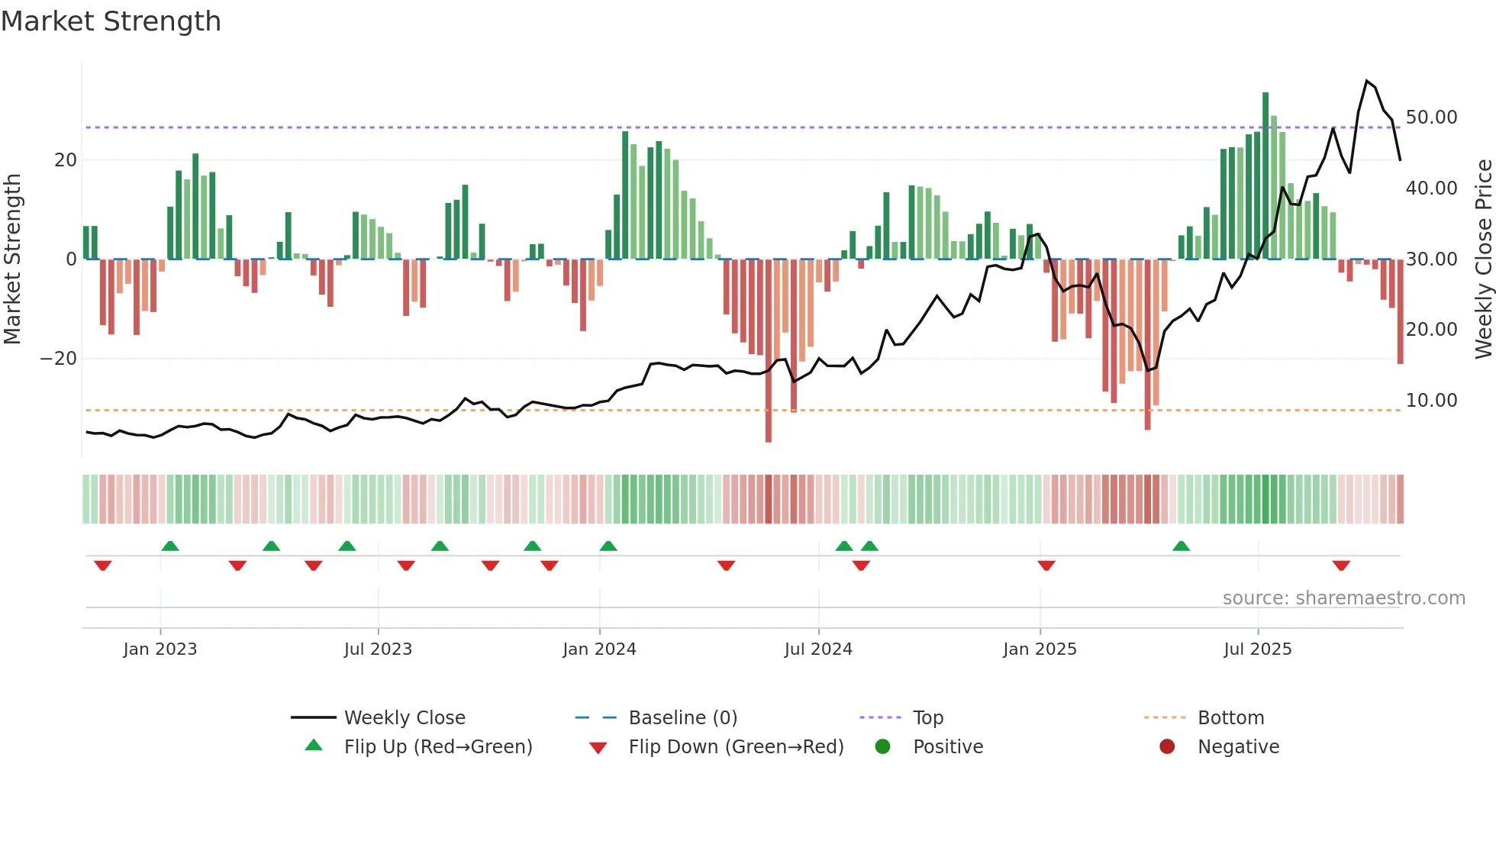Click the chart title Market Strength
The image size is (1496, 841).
coord(111,21)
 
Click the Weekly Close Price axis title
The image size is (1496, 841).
coord(1483,259)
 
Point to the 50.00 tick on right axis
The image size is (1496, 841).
coord(1431,118)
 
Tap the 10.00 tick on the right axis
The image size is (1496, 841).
coord(1431,401)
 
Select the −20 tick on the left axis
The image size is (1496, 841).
coord(59,359)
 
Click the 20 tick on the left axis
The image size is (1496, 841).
coord(66,160)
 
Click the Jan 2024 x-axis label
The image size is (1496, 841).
coord(599,649)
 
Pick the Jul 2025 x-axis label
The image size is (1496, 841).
coord(1257,649)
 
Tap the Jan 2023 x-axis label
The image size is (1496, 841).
coord(160,649)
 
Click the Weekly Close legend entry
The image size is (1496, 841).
coord(404,718)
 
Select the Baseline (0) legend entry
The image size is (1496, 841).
coord(682,718)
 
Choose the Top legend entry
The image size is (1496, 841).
coord(927,718)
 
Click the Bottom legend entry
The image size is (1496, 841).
coord(1230,718)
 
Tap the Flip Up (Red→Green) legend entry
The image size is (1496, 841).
coord(437,747)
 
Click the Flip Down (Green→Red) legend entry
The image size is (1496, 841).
coord(736,747)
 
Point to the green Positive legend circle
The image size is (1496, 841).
coord(883,747)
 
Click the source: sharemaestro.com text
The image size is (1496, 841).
coord(1343,598)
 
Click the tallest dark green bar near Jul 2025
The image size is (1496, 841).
coord(1265,176)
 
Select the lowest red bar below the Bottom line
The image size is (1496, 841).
coord(769,351)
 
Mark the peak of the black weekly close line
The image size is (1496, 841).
coord(1367,81)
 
